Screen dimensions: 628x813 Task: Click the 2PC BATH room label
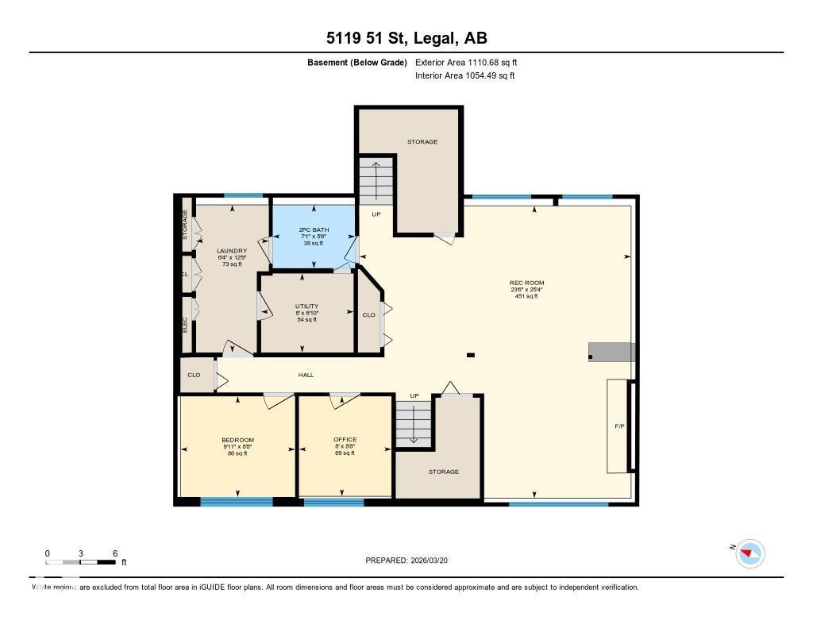pos(314,229)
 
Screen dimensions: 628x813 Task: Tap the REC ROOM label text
pos(527,283)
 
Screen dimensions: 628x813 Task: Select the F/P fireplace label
pos(619,426)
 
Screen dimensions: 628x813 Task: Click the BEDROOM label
pos(237,440)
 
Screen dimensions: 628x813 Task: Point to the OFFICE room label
pos(345,440)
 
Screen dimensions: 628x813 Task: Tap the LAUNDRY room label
pos(232,251)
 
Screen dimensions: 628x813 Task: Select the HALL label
pos(306,375)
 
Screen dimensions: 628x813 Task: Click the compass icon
pos(749,553)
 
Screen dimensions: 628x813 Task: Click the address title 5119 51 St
pos(406,37)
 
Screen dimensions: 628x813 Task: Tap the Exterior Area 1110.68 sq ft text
pos(466,62)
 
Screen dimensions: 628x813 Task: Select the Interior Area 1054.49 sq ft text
pos(464,75)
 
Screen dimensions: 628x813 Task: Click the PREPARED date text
pos(411,561)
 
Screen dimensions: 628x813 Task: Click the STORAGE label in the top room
pos(422,141)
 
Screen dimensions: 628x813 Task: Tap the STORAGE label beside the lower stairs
pos(444,472)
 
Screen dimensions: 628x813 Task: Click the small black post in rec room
pos(471,355)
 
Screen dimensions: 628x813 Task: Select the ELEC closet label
pos(185,323)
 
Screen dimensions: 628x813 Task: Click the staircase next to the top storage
pos(377,181)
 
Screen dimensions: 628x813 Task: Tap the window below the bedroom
pos(236,501)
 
